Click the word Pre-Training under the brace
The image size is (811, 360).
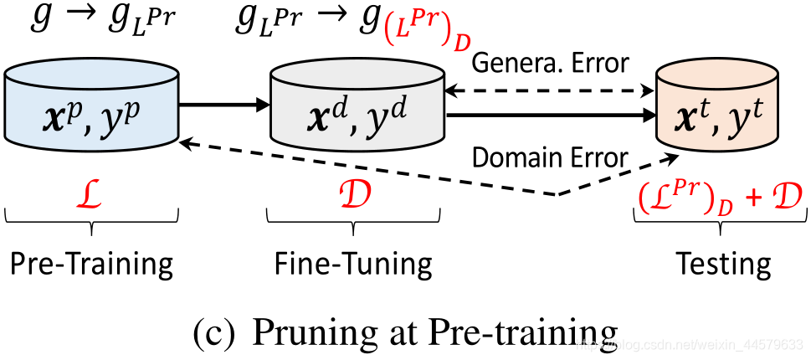pyautogui.click(x=91, y=264)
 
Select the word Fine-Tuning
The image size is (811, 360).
pyautogui.click(x=353, y=264)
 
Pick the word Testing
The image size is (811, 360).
pyautogui.click(x=723, y=264)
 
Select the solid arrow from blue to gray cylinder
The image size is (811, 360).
pyautogui.click(x=222, y=105)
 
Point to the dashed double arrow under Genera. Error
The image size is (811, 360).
pyautogui.click(x=548, y=90)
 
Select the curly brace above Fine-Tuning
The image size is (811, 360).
pyautogui.click(x=354, y=219)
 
